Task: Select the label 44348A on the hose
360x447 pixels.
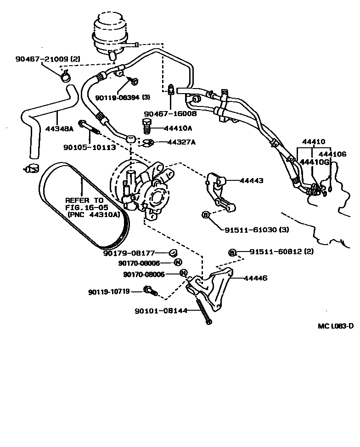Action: [x=59, y=129]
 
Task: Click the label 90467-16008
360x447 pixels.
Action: [x=170, y=113]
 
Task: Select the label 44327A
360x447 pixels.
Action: [x=181, y=142]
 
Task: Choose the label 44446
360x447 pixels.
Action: [x=255, y=278]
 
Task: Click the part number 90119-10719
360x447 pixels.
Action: [x=109, y=291]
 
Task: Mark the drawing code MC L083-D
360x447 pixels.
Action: [x=336, y=326]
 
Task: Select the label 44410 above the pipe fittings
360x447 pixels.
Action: [x=314, y=142]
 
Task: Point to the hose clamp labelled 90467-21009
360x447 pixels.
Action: [x=66, y=74]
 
